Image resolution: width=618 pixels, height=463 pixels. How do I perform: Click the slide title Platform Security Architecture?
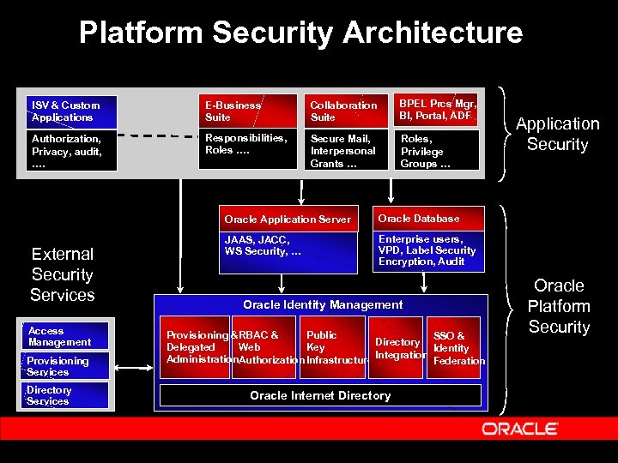pyautogui.click(x=300, y=33)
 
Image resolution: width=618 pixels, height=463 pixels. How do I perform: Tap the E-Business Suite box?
pyautogui.click(x=245, y=111)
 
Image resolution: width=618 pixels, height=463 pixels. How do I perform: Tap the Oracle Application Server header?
pyautogui.click(x=288, y=219)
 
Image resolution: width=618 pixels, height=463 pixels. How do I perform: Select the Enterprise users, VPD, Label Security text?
pyautogui.click(x=427, y=250)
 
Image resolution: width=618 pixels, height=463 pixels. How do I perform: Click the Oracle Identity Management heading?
pyautogui.click(x=322, y=305)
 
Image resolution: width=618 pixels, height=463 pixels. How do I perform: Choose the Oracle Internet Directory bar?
pyautogui.click(x=320, y=395)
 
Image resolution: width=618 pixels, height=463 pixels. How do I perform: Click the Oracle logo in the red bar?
pyautogui.click(x=520, y=428)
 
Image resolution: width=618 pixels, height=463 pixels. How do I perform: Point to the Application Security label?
pyautogui.click(x=557, y=135)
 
